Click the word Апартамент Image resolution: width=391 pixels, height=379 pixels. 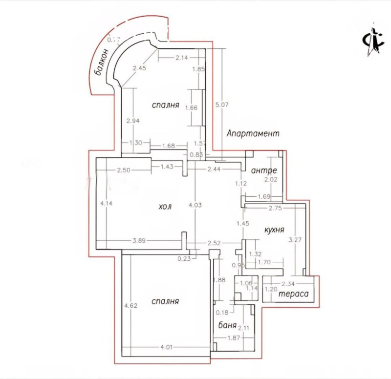click(253, 133)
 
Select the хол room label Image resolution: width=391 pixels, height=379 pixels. click(165, 207)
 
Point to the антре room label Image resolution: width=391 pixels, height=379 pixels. click(264, 171)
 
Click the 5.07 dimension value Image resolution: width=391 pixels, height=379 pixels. click(222, 104)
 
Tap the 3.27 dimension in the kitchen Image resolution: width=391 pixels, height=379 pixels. click(294, 240)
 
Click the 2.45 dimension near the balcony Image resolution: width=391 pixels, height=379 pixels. click(139, 69)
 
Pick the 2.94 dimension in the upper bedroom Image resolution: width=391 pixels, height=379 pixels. click(133, 121)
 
